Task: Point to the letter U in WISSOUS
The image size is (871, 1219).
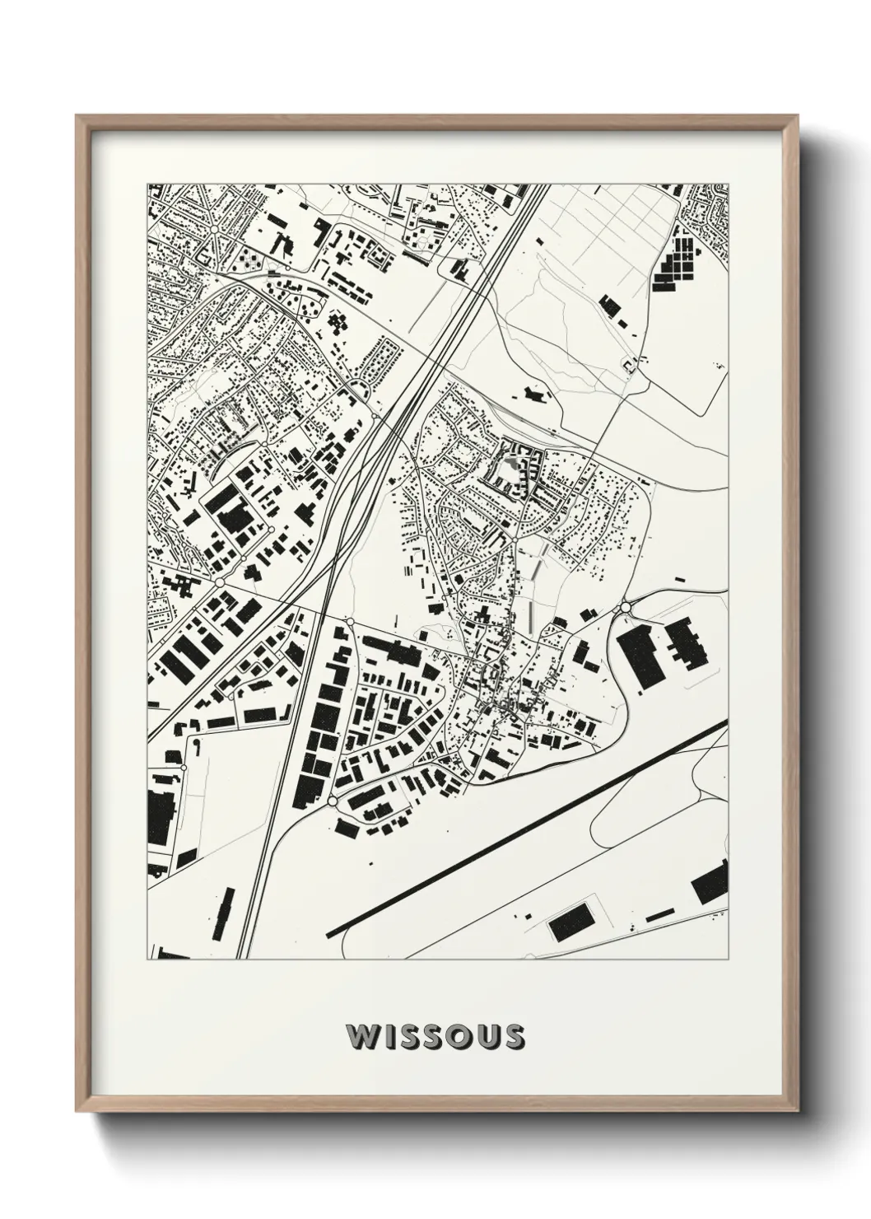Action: tap(484, 1036)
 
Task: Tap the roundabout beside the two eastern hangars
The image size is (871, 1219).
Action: tap(625, 608)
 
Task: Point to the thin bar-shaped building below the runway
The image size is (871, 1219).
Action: tap(659, 915)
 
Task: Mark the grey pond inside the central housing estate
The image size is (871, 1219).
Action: tap(515, 466)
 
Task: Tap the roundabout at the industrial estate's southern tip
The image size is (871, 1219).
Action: tap(332, 800)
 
